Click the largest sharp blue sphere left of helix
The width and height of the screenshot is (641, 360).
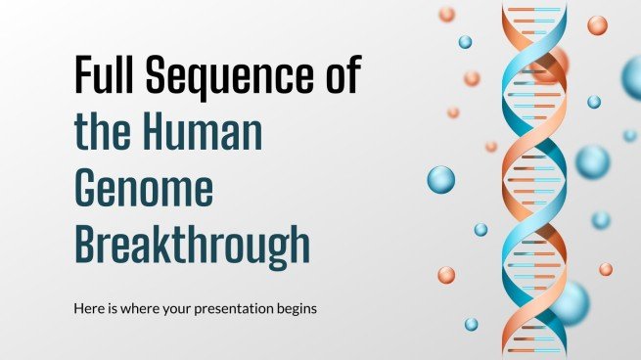click(441, 180)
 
